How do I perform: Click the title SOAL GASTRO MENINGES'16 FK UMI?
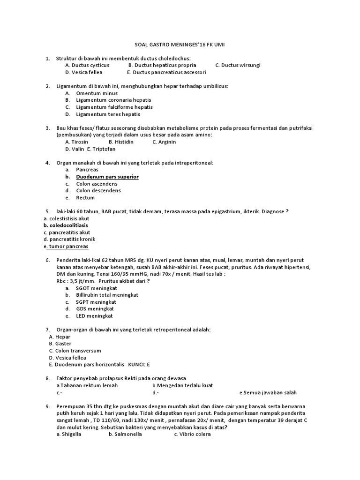(x=180, y=45)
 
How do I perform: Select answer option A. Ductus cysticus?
(x=87, y=65)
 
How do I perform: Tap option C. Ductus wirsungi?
(x=238, y=65)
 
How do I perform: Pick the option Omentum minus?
(x=97, y=93)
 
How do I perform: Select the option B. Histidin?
(x=121, y=142)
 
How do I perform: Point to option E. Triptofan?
(x=101, y=149)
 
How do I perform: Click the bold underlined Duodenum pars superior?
(x=107, y=177)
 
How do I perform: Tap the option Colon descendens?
(x=98, y=190)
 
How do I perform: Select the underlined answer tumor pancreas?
(x=67, y=246)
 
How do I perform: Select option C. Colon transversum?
(x=75, y=351)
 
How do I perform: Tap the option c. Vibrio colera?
(x=192, y=434)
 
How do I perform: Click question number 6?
(x=47, y=260)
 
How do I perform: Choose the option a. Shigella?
(x=68, y=434)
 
